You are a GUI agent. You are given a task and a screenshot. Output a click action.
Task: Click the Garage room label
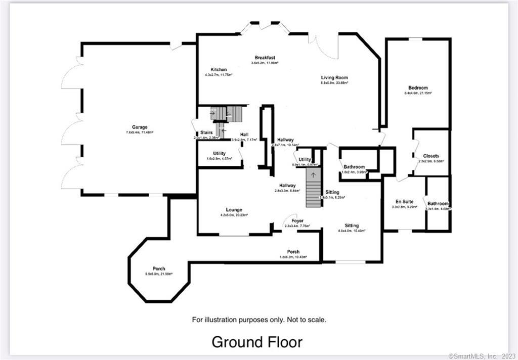coord(140,127)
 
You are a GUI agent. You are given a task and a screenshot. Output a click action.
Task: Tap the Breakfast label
coord(265,58)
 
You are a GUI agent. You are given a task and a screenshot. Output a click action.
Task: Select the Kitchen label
coord(219,69)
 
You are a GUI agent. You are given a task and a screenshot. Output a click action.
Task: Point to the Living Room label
coord(334,78)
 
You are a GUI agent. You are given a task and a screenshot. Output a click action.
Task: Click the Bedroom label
coord(417,88)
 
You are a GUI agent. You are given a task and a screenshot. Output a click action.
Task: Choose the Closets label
coord(431,156)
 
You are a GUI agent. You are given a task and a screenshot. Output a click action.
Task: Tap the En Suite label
coord(405,201)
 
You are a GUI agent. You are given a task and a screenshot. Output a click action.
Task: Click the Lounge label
coord(234,210)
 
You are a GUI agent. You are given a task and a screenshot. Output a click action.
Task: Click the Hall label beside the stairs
coord(243,134)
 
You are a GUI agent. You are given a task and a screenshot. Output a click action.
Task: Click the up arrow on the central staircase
coord(314,175)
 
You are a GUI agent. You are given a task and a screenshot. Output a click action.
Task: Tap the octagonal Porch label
coord(159,268)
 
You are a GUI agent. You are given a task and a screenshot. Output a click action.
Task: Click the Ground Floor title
coord(257,342)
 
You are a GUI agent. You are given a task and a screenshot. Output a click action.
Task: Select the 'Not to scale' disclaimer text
coord(259,320)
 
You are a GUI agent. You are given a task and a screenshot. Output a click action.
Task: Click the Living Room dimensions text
coord(334,83)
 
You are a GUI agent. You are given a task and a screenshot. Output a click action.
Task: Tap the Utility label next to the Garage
coord(219,153)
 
